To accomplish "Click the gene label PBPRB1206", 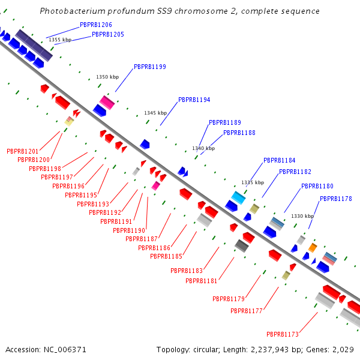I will pos(96,25).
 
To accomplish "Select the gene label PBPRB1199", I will pos(150,67).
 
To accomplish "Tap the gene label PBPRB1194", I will pos(194,100).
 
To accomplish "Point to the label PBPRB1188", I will pos(239,133).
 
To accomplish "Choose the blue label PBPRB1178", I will pos(335,199).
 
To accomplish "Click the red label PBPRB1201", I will pos(22,151).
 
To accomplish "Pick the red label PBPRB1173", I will pos(283,334).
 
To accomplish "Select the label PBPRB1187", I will pos(141,239).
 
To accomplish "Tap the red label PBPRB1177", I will pos(247,311).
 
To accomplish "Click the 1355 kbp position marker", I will pos(60,40).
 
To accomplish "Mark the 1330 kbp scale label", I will pos(302,216).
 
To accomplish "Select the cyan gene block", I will pos(239,197).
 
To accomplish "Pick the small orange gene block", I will pos(312,247).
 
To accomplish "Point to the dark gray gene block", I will pos(242,245).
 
